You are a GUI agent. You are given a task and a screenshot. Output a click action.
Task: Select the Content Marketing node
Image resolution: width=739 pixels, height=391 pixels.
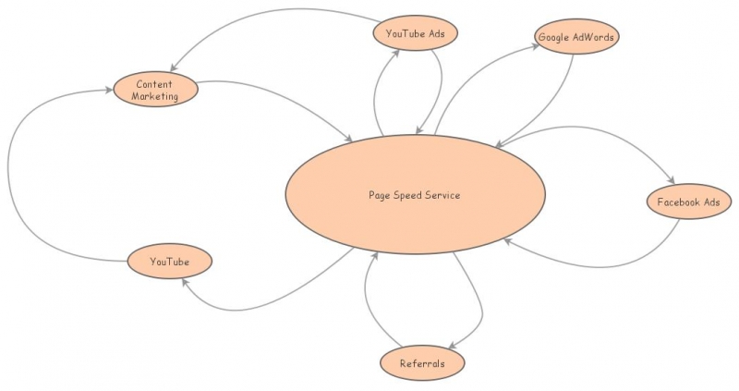(158, 88)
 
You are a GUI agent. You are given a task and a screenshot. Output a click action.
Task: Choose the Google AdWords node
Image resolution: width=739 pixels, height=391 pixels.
(575, 37)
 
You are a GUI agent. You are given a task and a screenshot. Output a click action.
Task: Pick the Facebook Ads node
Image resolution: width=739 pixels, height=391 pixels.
(689, 202)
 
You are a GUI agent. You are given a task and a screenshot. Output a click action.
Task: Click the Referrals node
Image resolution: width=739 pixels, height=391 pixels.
(421, 363)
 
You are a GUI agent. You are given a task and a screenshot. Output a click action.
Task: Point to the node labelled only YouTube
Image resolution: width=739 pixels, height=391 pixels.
(169, 262)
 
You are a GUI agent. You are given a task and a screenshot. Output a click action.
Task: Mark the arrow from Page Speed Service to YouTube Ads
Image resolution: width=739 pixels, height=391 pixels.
(377, 92)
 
